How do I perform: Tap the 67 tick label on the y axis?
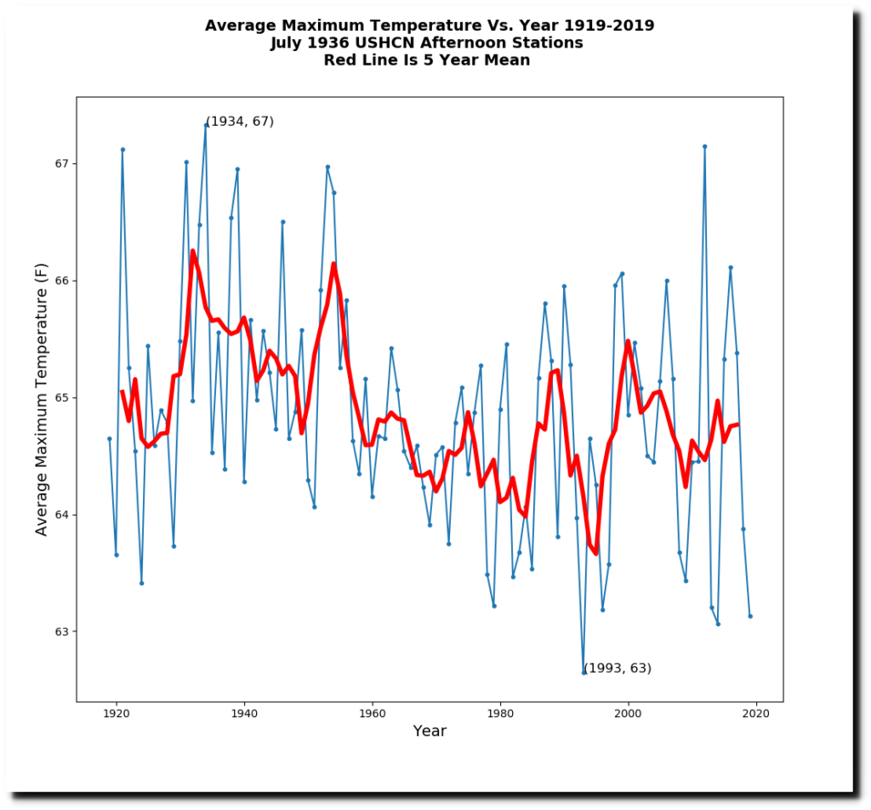coord(60,163)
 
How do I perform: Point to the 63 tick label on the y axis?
coord(60,631)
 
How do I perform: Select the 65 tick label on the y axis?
coord(60,397)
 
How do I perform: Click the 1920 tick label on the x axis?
coord(117,716)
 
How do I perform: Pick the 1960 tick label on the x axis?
coord(373,716)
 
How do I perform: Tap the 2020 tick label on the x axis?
coord(756,716)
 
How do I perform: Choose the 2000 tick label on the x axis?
coord(629,716)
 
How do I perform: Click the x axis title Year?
coord(430,732)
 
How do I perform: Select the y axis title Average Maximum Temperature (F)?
coord(42,399)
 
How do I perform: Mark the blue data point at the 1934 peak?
coord(206,125)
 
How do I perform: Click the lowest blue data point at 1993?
coord(584,672)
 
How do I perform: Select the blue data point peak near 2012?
coord(705,146)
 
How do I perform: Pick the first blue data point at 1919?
coord(110,438)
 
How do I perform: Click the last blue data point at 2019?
coord(750,616)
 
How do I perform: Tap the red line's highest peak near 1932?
coord(193,251)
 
